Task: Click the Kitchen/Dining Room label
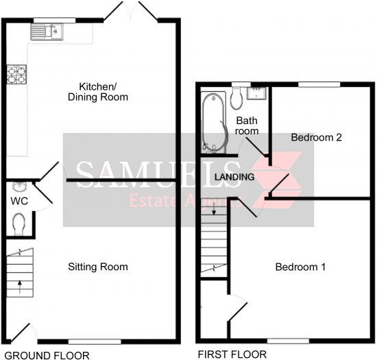pyautogui.click(x=98, y=92)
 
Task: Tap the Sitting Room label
pyautogui.click(x=98, y=267)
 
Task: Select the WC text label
pyautogui.click(x=19, y=201)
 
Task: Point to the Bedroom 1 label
pyautogui.click(x=300, y=267)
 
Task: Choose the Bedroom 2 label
pyautogui.click(x=317, y=137)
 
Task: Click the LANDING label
pyautogui.click(x=234, y=177)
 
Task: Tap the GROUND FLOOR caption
pyautogui.click(x=47, y=355)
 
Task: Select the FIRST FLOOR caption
pyautogui.click(x=232, y=355)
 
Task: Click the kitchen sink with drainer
pyautogui.click(x=47, y=32)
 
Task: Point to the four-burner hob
pyautogui.click(x=16, y=75)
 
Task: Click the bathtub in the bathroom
pyautogui.click(x=214, y=123)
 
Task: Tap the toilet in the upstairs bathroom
pyautogui.click(x=237, y=98)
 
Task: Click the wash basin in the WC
pyautogui.click(x=19, y=187)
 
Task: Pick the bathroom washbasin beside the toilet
pyautogui.click(x=257, y=93)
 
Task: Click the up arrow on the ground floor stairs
pyautogui.click(x=20, y=287)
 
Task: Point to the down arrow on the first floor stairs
pyautogui.click(x=214, y=208)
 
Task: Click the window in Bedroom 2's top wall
pyautogui.click(x=319, y=84)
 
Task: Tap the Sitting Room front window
pyautogui.click(x=95, y=341)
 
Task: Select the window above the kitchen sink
pyautogui.click(x=54, y=20)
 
